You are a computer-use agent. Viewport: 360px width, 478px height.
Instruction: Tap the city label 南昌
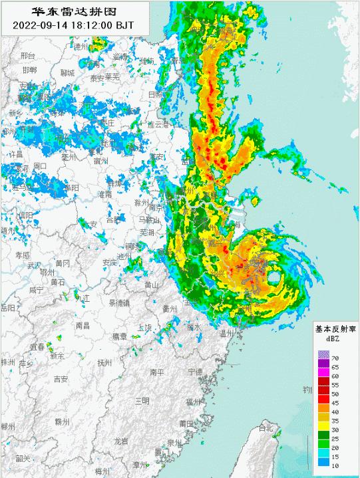click(x=83, y=326)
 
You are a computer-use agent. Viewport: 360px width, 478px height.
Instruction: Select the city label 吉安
click(x=61, y=379)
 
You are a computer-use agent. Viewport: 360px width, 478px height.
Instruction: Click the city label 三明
click(x=142, y=400)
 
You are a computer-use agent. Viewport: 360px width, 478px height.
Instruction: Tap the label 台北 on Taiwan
click(x=267, y=426)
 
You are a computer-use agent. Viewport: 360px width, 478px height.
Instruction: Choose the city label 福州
click(x=193, y=402)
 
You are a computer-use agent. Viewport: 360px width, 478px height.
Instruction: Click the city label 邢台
click(x=27, y=56)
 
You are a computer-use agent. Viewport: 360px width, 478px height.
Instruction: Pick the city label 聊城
click(x=67, y=72)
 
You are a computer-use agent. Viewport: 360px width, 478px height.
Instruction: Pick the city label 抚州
click(x=104, y=363)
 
